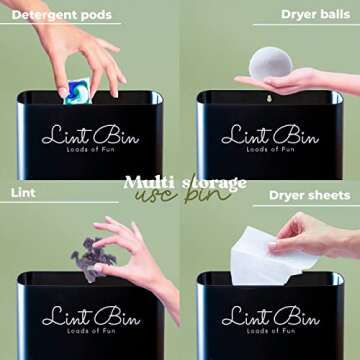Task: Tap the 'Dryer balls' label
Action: pyautogui.click(x=316, y=16)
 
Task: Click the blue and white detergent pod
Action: pyautogui.click(x=78, y=91)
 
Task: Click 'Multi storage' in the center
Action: pyautogui.click(x=184, y=182)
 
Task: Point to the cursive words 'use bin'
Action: pyautogui.click(x=178, y=196)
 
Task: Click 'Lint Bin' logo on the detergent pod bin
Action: pyautogui.click(x=90, y=135)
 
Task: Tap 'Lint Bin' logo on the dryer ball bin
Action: pyautogui.click(x=270, y=135)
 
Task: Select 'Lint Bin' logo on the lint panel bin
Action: pyautogui.click(x=90, y=317)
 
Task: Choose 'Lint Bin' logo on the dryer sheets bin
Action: pyautogui.click(x=270, y=317)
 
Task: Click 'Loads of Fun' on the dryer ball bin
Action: pyautogui.click(x=270, y=149)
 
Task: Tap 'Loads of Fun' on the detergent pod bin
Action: pyautogui.click(x=90, y=149)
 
